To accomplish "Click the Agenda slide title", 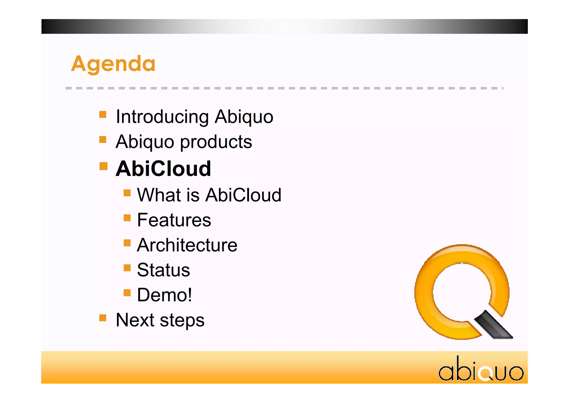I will coord(113,64).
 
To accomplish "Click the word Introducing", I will coord(162,117).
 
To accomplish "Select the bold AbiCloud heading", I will coord(163,169).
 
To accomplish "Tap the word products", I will coord(216,142).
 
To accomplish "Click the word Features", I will coord(174,220).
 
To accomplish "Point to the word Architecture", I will coord(187,245).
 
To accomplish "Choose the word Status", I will coord(163,270).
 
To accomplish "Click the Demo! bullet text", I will coord(164,295).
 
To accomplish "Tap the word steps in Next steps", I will coord(182,320).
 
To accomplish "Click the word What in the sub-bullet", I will coord(159,195).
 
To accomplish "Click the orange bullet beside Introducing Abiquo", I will coord(103,114).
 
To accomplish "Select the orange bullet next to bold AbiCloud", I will coord(103,166).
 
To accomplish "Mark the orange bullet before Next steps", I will coord(103,318).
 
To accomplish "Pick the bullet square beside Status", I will coord(127,268).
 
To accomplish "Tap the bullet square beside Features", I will coord(127,218).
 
